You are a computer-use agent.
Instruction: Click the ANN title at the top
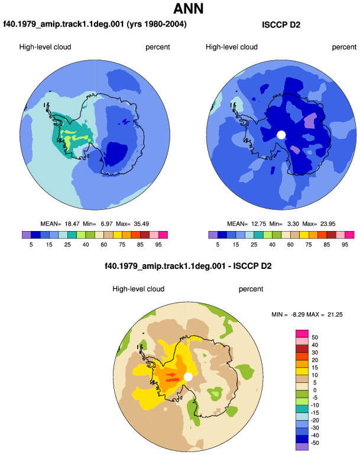coord(188,8)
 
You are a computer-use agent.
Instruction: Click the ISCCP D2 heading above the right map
coord(281,25)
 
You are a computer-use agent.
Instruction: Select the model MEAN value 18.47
coord(72,224)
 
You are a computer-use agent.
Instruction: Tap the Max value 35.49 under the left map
coord(141,224)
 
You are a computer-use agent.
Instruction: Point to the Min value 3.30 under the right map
coord(293,224)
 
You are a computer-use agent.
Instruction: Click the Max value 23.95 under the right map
coord(327,224)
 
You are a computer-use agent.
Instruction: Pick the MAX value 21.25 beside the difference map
coord(335,314)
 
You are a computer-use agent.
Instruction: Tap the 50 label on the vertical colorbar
coord(314,337)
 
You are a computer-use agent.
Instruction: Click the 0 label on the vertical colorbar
coord(314,390)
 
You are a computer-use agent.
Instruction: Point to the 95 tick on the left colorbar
coord(158,245)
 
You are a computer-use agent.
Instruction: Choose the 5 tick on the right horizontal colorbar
coord(218,245)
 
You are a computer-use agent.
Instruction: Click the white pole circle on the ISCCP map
coord(281,135)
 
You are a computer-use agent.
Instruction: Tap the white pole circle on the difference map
coord(188,377)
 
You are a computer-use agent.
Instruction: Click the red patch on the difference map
coord(172,378)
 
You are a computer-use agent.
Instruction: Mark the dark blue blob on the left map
coord(116,154)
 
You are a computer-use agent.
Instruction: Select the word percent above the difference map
coord(251,289)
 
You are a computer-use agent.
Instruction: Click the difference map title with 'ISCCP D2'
coord(188,266)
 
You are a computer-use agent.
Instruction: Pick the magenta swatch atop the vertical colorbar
coord(302,334)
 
